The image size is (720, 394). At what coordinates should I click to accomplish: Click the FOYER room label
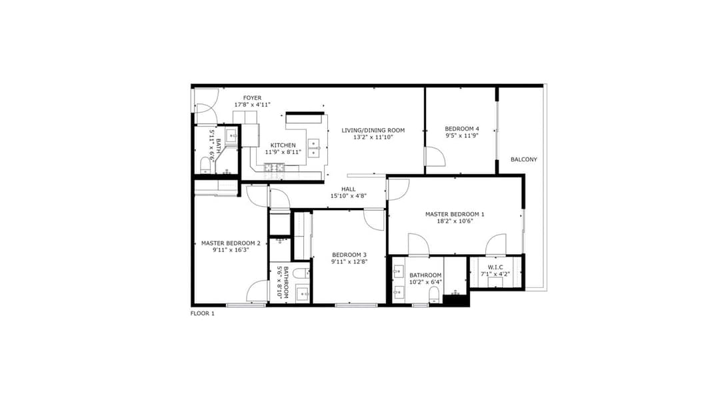click(x=252, y=98)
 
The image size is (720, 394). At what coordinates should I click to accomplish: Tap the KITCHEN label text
click(x=283, y=145)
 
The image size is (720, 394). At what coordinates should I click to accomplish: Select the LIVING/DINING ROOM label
click(x=373, y=130)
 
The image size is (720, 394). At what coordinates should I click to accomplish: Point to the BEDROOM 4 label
click(x=462, y=129)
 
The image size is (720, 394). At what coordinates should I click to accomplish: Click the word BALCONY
click(x=523, y=159)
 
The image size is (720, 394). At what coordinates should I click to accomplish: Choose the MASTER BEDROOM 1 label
click(x=455, y=214)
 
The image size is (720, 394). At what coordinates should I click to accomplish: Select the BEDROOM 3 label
click(x=349, y=255)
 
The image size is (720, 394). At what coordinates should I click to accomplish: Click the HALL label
click(x=348, y=189)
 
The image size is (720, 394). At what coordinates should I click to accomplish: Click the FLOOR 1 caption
click(x=203, y=313)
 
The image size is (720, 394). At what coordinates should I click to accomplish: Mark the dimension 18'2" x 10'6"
click(x=455, y=221)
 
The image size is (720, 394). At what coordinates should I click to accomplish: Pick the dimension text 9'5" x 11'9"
click(x=462, y=136)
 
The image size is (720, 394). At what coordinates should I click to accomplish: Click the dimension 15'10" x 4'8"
click(x=348, y=196)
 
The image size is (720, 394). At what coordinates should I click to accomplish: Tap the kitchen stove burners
click(x=273, y=167)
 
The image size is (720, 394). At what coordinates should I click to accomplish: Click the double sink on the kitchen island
click(x=314, y=147)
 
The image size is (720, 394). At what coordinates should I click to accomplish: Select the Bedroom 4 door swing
click(x=434, y=157)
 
